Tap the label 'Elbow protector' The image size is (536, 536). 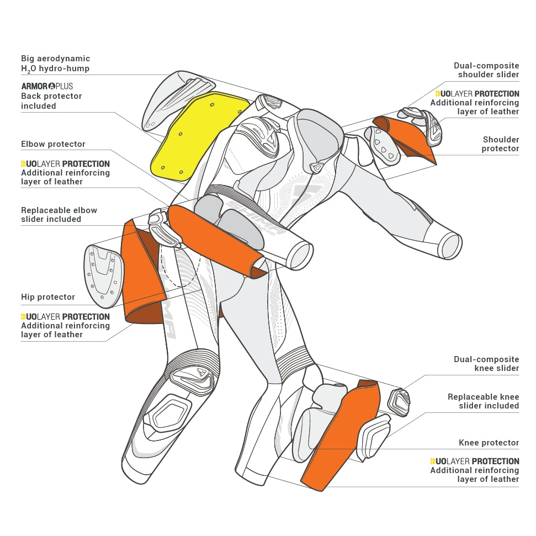tap(53, 144)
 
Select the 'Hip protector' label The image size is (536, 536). tap(48, 297)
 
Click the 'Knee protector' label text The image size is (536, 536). tap(489, 443)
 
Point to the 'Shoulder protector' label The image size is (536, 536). tap(501, 144)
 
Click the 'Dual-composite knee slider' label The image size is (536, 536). tap(486, 364)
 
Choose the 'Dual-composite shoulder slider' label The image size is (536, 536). tap(486, 70)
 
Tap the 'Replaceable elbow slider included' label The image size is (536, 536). tap(59, 215)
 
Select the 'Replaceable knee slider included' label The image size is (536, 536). tap(483, 401)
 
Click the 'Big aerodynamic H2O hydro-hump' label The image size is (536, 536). tap(55, 63)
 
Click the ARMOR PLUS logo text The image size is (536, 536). tap(47, 86)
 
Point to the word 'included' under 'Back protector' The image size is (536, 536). tap(39, 106)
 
